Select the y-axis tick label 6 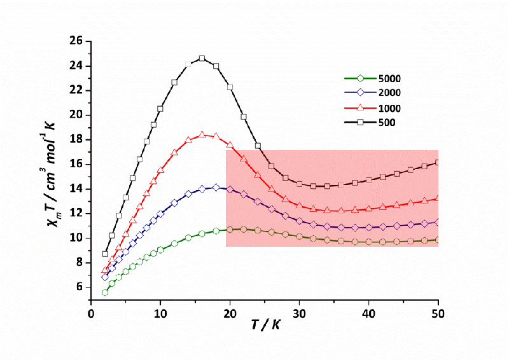tap(78, 287)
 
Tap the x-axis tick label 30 tap(300, 314)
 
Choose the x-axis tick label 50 tap(438, 314)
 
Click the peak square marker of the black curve tap(202, 59)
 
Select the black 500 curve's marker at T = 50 tap(438, 163)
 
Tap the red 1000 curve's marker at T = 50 tap(438, 198)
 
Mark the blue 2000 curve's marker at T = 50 tap(438, 222)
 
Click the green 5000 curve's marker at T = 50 tap(438, 240)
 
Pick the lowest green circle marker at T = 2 tap(105, 293)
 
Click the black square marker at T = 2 tap(105, 254)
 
